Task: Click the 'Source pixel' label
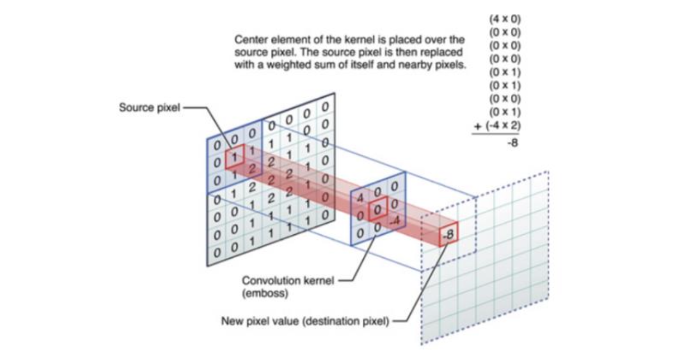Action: click(149, 108)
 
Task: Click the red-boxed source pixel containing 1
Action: click(235, 159)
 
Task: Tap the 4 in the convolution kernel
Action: click(360, 198)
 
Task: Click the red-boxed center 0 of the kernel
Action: click(378, 210)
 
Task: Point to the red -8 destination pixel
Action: click(448, 236)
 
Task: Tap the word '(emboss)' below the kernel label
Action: click(260, 292)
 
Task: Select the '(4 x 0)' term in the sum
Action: click(505, 18)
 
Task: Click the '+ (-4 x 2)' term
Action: click(497, 126)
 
